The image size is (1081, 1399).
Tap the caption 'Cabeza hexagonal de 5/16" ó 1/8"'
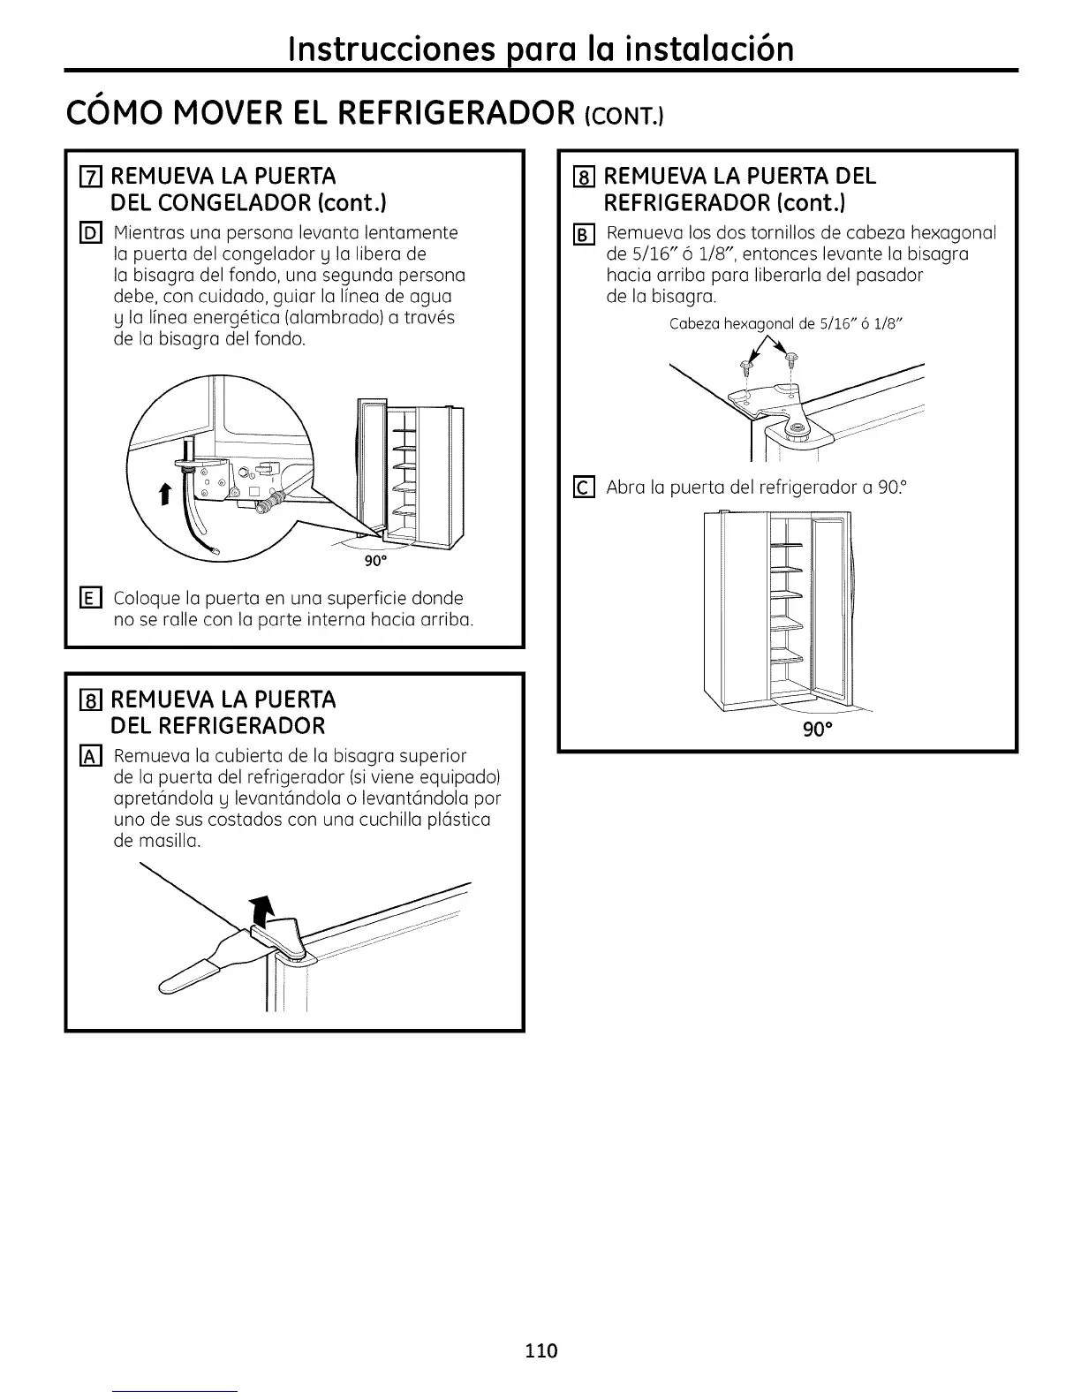pyautogui.click(x=788, y=323)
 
